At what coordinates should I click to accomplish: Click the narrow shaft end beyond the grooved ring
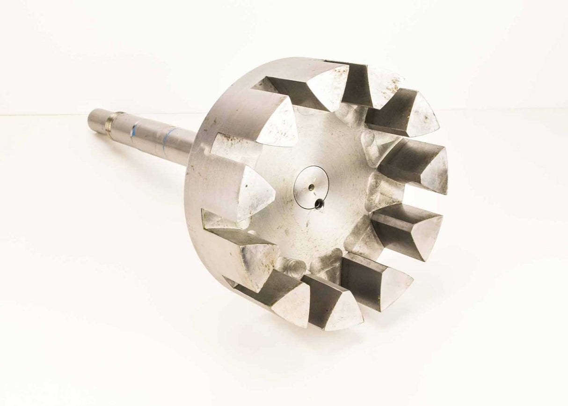(x=97, y=121)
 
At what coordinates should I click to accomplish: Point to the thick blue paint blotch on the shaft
(x=135, y=131)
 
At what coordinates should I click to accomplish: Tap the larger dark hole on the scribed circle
(x=319, y=204)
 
